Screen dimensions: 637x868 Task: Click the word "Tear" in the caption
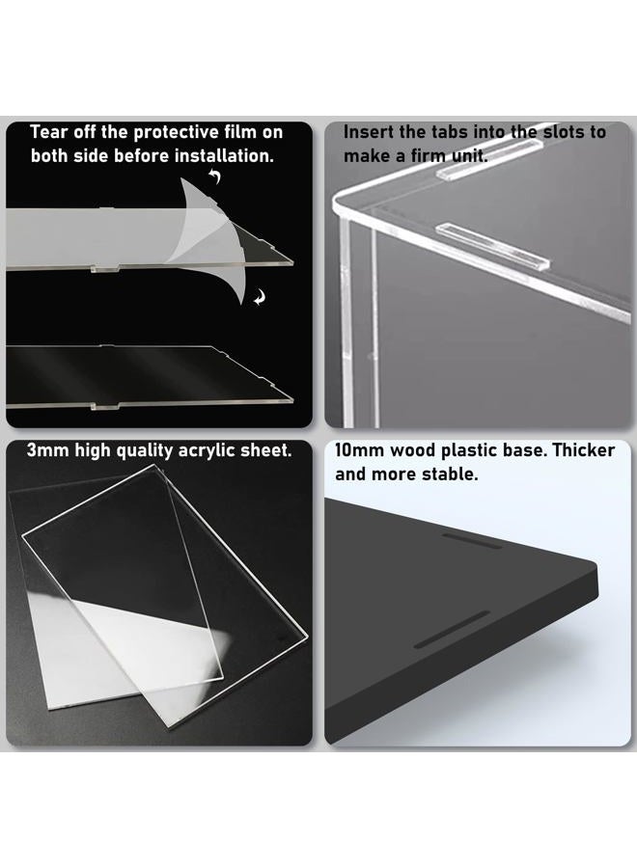click(x=47, y=132)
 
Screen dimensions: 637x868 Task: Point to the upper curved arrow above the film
click(x=215, y=176)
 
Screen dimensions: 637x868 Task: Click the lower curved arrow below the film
click(x=260, y=298)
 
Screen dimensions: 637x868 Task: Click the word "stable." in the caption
click(x=450, y=475)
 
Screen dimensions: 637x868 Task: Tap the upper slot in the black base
click(x=473, y=541)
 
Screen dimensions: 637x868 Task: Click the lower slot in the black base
click(x=453, y=630)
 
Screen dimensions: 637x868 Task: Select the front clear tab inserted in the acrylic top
click(x=492, y=246)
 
